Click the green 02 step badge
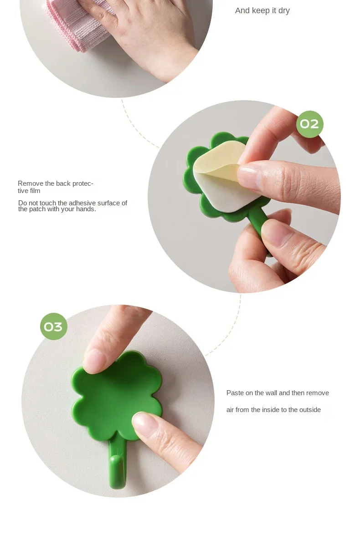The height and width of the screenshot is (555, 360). point(309,124)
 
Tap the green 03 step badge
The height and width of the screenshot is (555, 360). point(54,326)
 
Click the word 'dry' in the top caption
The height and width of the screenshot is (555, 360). point(284,11)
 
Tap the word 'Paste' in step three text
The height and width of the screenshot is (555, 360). point(235,393)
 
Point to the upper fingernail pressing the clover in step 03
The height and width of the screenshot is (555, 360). point(94,361)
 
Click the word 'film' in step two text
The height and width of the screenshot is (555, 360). point(35,191)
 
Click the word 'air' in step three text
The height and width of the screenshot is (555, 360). point(230,410)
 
